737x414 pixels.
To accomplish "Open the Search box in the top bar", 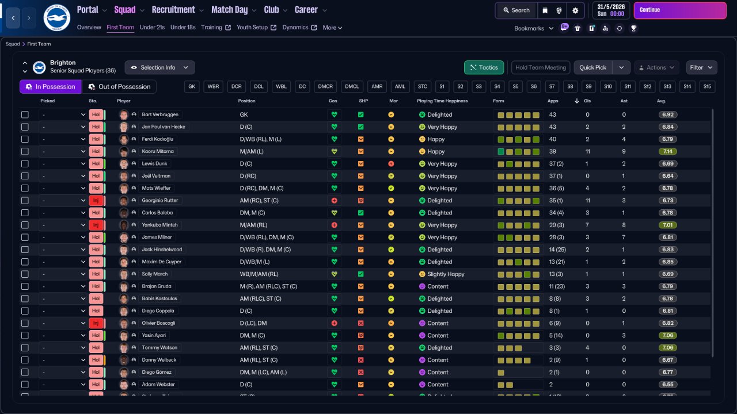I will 516,10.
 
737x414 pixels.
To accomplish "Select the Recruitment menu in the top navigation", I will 173,10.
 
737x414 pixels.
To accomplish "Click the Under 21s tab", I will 152,28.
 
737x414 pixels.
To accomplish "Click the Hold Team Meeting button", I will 541,67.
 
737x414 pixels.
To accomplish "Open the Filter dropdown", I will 701,67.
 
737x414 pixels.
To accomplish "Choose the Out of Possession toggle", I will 119,87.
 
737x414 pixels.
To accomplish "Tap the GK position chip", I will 192,87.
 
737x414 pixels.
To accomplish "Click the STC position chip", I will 423,87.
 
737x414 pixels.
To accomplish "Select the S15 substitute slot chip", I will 707,87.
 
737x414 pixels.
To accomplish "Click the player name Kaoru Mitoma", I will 158,151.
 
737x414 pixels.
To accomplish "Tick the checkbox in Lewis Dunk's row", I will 25,164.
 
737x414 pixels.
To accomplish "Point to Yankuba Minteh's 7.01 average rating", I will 668,225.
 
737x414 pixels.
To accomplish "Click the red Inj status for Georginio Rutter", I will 96,201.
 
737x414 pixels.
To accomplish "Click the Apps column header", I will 553,101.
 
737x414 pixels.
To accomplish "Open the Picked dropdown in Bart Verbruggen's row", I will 63,115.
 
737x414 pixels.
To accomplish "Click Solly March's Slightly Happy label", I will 446,274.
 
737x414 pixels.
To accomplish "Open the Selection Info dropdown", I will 159,67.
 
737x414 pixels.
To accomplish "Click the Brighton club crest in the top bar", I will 56,18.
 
